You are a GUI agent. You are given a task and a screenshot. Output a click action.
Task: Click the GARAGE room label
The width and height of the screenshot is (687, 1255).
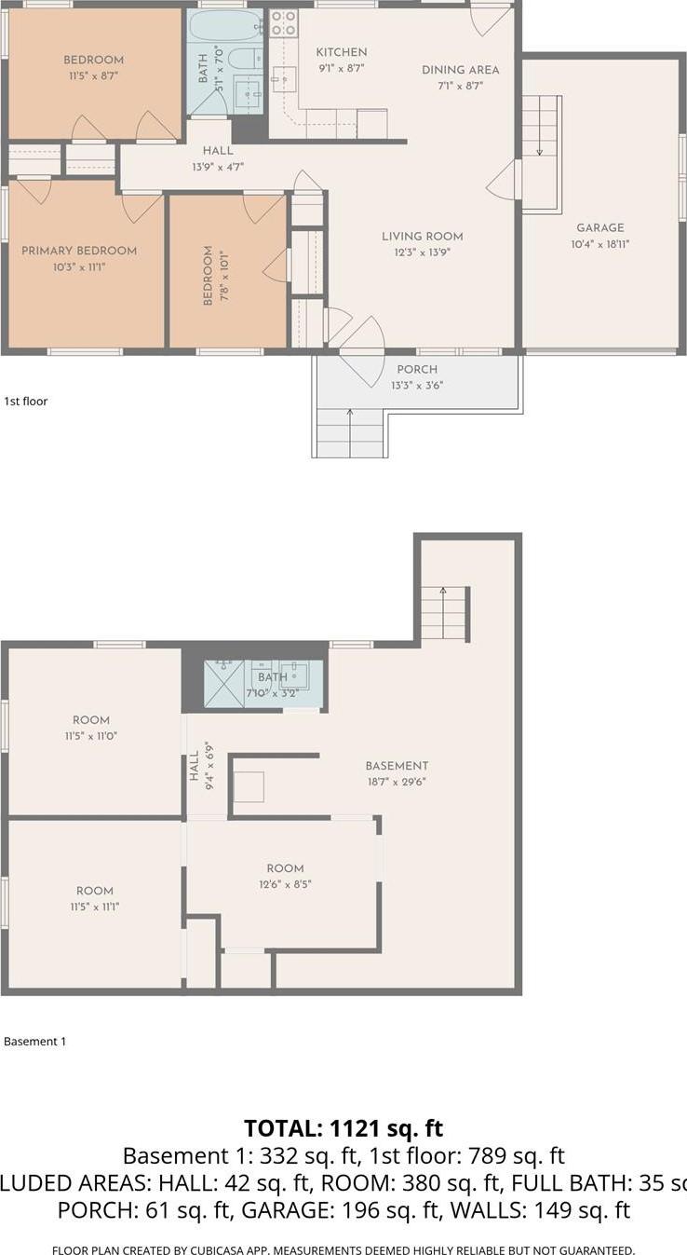click(x=599, y=227)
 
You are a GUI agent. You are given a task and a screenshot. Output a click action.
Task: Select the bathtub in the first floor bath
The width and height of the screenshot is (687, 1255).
click(x=225, y=25)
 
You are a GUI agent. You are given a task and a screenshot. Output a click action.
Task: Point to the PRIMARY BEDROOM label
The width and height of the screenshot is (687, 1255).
click(x=79, y=251)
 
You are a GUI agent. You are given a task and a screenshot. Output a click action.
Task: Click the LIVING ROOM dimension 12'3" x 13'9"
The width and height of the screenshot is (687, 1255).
click(x=422, y=252)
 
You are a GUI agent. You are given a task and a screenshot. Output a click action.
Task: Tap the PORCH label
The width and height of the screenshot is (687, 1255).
click(x=417, y=370)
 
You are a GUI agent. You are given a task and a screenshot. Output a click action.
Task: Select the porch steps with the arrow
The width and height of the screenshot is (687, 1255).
click(x=350, y=433)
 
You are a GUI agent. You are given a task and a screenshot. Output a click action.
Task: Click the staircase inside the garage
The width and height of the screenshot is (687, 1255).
click(x=540, y=154)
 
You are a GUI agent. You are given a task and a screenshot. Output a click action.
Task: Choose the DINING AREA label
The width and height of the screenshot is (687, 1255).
click(x=460, y=70)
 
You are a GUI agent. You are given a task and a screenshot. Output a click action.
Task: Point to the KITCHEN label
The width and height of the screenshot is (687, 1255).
click(x=341, y=52)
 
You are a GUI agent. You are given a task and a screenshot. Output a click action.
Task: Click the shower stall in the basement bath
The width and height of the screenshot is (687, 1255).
click(x=224, y=683)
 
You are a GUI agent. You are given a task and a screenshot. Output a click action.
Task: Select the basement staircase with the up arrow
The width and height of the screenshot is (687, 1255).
click(x=443, y=612)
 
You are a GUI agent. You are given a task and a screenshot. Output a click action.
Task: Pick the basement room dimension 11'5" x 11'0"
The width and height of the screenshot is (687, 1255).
click(x=91, y=736)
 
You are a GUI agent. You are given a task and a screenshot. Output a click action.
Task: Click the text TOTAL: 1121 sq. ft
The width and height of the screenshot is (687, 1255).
click(x=343, y=1128)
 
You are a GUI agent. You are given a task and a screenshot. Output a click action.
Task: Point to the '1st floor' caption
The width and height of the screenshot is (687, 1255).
click(x=26, y=402)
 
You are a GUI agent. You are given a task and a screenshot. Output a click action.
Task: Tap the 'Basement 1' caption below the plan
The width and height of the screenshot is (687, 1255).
click(x=35, y=1042)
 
